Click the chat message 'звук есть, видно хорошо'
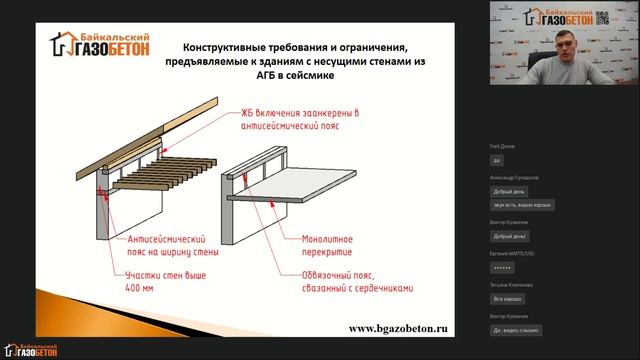[x=522, y=204]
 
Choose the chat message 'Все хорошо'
[x=508, y=298]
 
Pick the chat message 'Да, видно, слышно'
[x=517, y=328]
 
